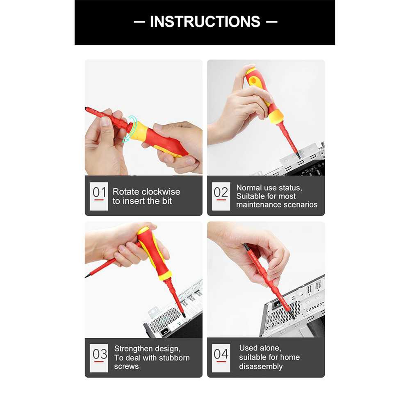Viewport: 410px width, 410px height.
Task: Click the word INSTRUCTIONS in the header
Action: tap(205, 21)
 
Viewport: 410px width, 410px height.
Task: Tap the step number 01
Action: tap(99, 192)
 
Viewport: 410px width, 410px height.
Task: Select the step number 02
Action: tap(221, 192)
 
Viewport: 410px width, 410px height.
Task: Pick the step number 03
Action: tap(100, 354)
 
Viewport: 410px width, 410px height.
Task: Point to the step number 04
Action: tap(221, 354)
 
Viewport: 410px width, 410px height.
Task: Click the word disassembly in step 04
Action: tap(261, 366)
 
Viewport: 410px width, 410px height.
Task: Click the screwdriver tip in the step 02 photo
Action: tap(298, 157)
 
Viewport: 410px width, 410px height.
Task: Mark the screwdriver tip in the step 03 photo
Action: tap(184, 317)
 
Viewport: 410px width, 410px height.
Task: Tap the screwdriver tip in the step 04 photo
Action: tap(294, 318)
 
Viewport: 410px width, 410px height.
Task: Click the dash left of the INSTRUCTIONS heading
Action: tap(139, 22)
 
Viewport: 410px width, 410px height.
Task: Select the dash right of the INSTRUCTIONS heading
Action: tap(272, 22)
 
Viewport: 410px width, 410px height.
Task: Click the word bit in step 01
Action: tap(166, 201)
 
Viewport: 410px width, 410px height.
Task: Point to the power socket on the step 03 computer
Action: tap(164, 332)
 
